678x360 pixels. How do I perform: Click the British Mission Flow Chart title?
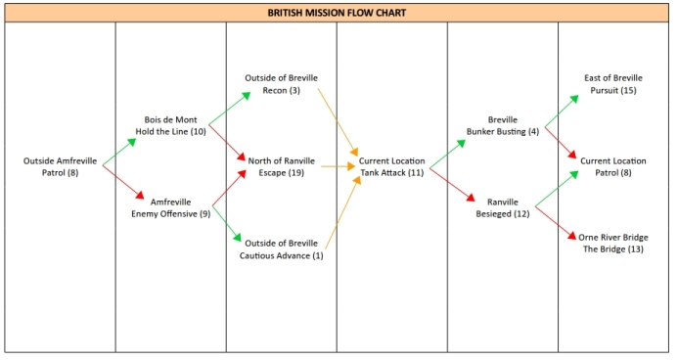click(x=337, y=13)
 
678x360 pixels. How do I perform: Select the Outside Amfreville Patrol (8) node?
click(x=60, y=166)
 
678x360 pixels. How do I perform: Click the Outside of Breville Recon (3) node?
click(x=281, y=84)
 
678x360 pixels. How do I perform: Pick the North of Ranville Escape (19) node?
click(x=281, y=166)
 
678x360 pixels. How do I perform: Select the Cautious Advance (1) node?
click(x=281, y=249)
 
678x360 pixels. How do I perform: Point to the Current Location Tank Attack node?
click(x=391, y=166)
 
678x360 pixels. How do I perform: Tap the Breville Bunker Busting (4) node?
click(x=502, y=125)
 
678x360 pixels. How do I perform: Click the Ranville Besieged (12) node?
click(x=502, y=207)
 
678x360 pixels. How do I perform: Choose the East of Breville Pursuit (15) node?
click(x=612, y=84)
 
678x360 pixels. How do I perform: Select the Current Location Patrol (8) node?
click(x=612, y=166)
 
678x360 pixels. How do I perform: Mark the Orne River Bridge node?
click(x=612, y=244)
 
